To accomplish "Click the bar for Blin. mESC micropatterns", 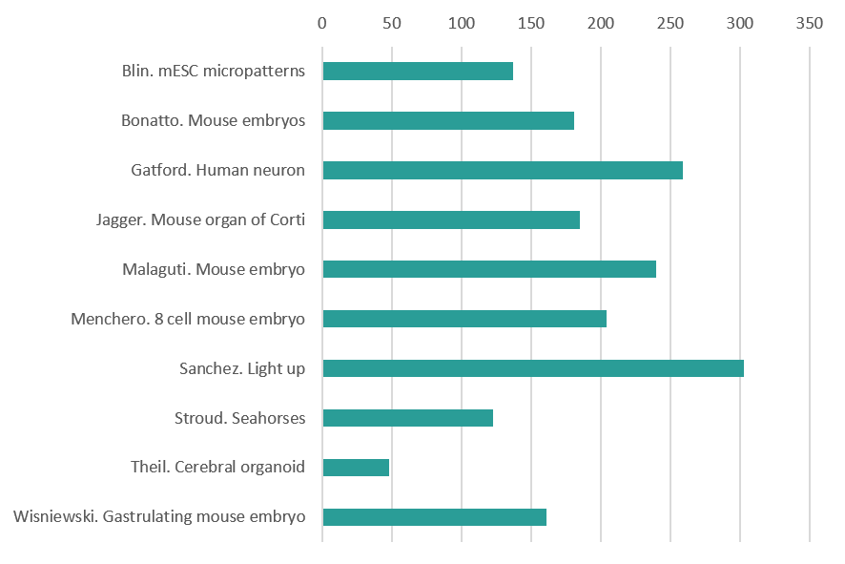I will pyautogui.click(x=418, y=72).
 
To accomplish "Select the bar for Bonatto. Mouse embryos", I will pyautogui.click(x=448, y=121).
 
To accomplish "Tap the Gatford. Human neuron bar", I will pyautogui.click(x=503, y=171).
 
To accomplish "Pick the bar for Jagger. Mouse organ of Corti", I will pyautogui.click(x=451, y=220).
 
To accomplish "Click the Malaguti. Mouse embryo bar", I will pyautogui.click(x=489, y=269).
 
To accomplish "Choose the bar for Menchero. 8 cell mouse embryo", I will pyautogui.click(x=464, y=319).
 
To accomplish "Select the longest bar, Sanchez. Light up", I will pyautogui.click(x=533, y=368).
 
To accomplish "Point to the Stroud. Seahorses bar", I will pyautogui.click(x=408, y=418).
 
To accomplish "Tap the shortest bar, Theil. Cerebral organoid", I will pyautogui.click(x=356, y=468).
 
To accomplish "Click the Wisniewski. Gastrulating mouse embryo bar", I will pyautogui.click(x=435, y=517).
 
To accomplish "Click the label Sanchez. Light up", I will pyautogui.click(x=242, y=368).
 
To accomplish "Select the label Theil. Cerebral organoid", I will pyautogui.click(x=217, y=468).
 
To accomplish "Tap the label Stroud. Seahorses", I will pyautogui.click(x=239, y=418).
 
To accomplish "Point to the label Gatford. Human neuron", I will pyautogui.click(x=217, y=171).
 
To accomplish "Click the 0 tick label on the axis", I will pyautogui.click(x=322, y=23).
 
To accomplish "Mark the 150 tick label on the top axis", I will pyautogui.click(x=531, y=23).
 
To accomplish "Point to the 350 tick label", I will pyautogui.click(x=810, y=23).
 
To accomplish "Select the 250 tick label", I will pyautogui.click(x=670, y=23).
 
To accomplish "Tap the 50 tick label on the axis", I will pyautogui.click(x=392, y=23).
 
